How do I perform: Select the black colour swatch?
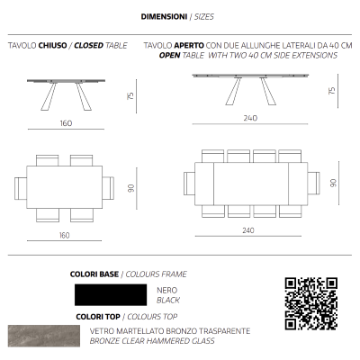click(x=109, y=294)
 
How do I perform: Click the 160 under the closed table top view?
click(x=64, y=235)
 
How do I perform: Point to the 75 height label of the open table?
click(x=332, y=91)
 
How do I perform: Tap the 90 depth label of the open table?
click(x=332, y=183)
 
